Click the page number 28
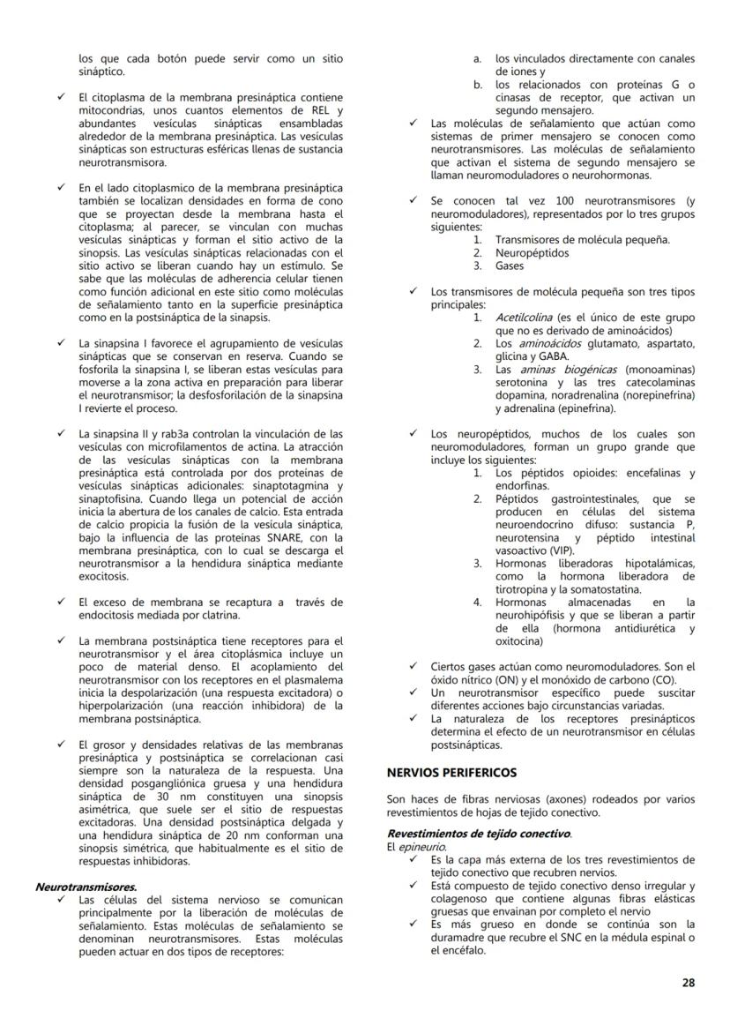coord(688,982)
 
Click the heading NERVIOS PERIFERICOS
coord(451,773)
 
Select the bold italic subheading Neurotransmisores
coord(86,887)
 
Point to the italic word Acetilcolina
coord(524,316)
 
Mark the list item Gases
coord(509,266)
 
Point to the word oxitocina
coord(523,641)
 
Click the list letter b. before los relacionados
coord(477,85)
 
